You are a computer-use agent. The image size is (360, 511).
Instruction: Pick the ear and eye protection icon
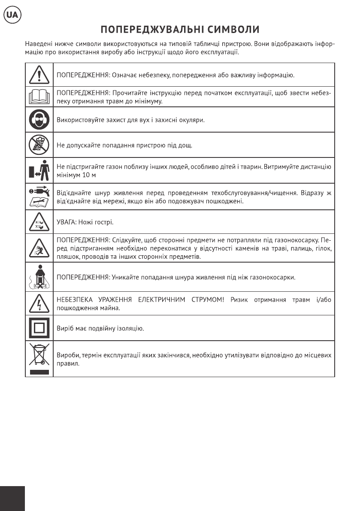point(39,120)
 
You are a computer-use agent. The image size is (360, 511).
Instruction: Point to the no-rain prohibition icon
point(39,145)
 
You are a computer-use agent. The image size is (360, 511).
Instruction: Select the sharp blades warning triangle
point(39,222)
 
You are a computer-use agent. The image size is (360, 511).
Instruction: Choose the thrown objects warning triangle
point(39,248)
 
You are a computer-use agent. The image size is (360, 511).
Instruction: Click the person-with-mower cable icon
point(39,277)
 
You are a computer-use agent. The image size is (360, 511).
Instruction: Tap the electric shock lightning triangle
point(39,303)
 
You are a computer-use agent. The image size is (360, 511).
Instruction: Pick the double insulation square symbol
point(39,328)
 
